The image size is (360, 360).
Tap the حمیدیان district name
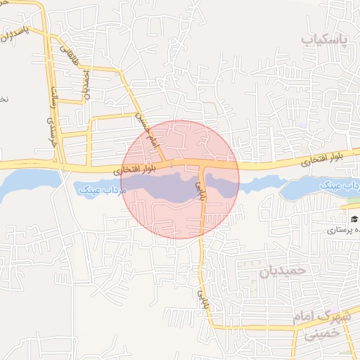[x=283, y=270]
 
